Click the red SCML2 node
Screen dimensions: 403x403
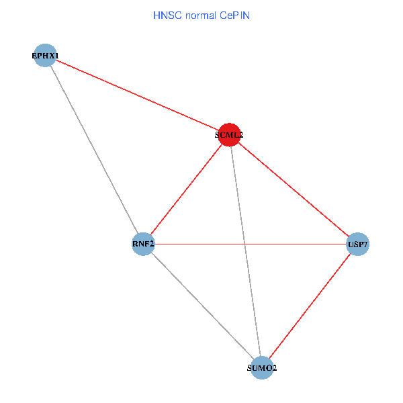pyautogui.click(x=230, y=134)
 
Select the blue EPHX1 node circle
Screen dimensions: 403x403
pyautogui.click(x=45, y=55)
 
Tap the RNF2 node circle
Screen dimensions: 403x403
pyautogui.click(x=144, y=244)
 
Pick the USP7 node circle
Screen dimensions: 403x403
pyautogui.click(x=357, y=244)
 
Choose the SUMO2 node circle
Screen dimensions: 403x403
pyautogui.click(x=261, y=367)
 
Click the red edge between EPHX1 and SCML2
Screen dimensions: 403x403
pyautogui.click(x=137, y=95)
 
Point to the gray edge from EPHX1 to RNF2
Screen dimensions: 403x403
pyautogui.click(x=94, y=149)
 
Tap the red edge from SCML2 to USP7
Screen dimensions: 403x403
pyautogui.click(x=294, y=189)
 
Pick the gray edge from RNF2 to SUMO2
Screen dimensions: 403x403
pyautogui.click(x=202, y=306)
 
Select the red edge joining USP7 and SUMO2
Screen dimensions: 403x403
pyautogui.click(x=309, y=306)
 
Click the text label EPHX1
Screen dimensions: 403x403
pyautogui.click(x=45, y=55)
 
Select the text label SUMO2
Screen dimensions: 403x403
pyautogui.click(x=261, y=368)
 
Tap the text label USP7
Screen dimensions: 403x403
pyautogui.click(x=357, y=245)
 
